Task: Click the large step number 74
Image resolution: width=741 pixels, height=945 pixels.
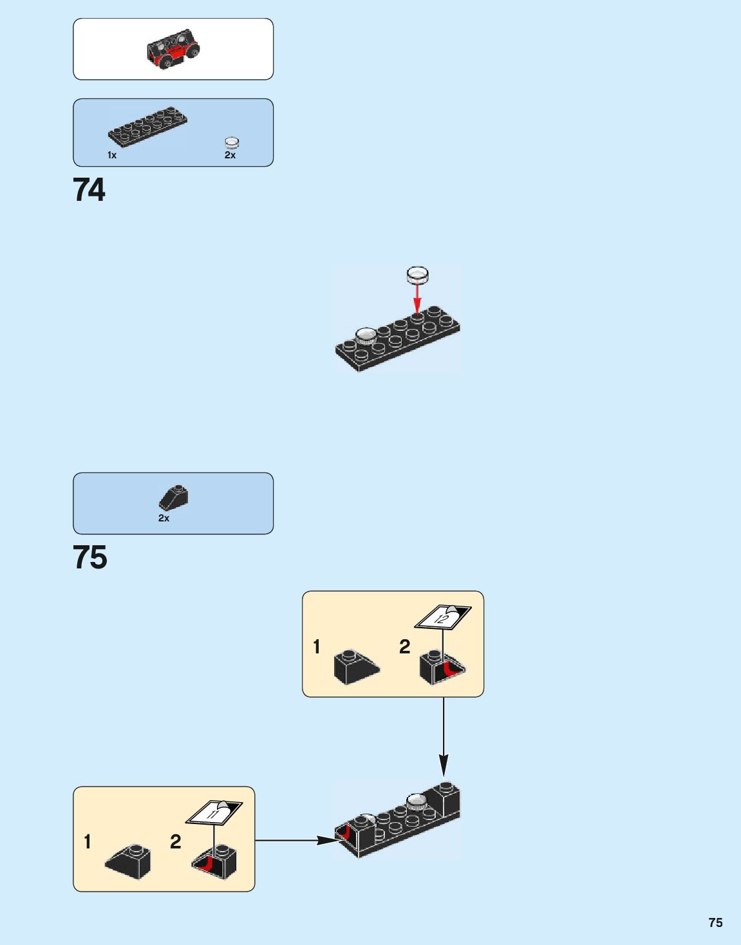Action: pos(89,190)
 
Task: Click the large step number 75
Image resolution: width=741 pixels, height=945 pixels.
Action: pos(89,557)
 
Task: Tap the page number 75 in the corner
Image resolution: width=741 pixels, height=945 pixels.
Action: pos(715,922)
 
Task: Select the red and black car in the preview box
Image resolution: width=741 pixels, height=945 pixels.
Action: pos(173,48)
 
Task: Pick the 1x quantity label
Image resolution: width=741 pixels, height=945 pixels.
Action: pos(112,155)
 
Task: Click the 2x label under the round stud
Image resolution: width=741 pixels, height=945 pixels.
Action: pos(230,155)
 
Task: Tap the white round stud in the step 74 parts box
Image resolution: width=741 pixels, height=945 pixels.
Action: pos(232,143)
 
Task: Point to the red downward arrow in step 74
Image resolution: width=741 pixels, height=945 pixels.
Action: pos(417,298)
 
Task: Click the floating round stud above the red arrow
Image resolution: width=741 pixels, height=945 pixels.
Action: pos(417,276)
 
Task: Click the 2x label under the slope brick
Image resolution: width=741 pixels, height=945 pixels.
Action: pos(164,518)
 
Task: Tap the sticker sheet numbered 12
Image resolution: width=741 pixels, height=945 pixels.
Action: pos(442,617)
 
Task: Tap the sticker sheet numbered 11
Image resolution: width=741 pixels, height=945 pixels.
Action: pos(214,812)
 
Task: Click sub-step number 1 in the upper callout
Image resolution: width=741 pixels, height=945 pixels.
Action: pos(316,646)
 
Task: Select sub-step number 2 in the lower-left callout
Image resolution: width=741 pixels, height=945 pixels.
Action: pos(175,841)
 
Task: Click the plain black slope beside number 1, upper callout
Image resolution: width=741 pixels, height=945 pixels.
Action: pos(356,668)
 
